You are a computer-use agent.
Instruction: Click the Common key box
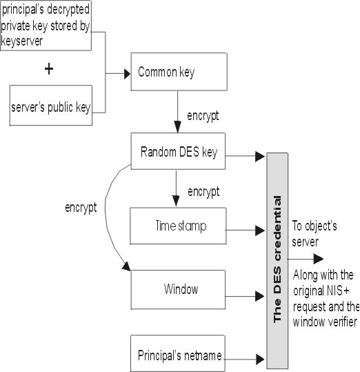tap(179, 72)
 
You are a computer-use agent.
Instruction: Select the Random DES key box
tap(178, 151)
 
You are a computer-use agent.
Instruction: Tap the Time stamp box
tap(178, 226)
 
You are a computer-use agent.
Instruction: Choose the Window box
tap(178, 289)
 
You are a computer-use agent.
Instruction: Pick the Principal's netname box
tap(177, 353)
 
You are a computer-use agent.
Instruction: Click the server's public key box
tap(51, 106)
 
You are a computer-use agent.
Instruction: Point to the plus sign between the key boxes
tap(49, 69)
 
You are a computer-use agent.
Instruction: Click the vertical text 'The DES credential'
tap(277, 259)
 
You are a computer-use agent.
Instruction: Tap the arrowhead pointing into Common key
tap(128, 74)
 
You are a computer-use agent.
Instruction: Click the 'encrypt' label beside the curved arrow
tap(81, 208)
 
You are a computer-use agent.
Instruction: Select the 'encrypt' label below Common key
tap(203, 116)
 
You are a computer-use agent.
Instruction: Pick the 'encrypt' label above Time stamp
tap(203, 192)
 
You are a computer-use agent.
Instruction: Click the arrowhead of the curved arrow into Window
tap(127, 266)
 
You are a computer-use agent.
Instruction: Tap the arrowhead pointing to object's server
tap(319, 259)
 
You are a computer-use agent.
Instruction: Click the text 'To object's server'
tap(314, 234)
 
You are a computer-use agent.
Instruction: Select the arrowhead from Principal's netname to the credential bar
tap(260, 359)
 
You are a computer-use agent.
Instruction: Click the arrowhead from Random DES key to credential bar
tap(260, 157)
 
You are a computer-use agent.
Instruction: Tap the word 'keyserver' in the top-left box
tap(22, 41)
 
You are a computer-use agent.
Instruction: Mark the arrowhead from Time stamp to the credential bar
tap(260, 231)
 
